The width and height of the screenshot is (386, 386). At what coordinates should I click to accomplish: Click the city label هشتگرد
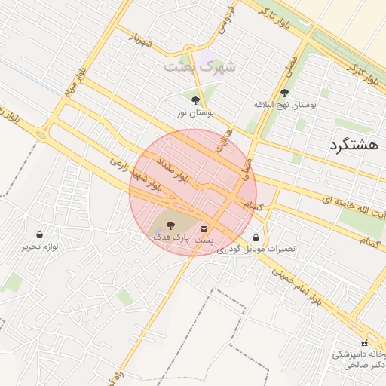[353, 146]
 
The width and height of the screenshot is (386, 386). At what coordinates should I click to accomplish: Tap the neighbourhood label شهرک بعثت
[201, 66]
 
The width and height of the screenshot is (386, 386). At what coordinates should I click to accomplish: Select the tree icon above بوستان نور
[196, 100]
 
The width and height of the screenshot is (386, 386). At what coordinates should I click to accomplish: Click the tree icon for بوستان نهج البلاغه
[284, 93]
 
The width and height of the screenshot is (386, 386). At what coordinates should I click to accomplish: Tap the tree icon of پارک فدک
[170, 225]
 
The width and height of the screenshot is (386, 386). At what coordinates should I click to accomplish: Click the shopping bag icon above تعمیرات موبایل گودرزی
[256, 237]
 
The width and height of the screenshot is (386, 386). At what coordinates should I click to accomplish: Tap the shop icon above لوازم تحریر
[39, 235]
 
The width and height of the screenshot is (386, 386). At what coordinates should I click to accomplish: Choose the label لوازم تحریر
[39, 247]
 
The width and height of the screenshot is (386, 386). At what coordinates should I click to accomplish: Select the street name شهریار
[140, 40]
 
